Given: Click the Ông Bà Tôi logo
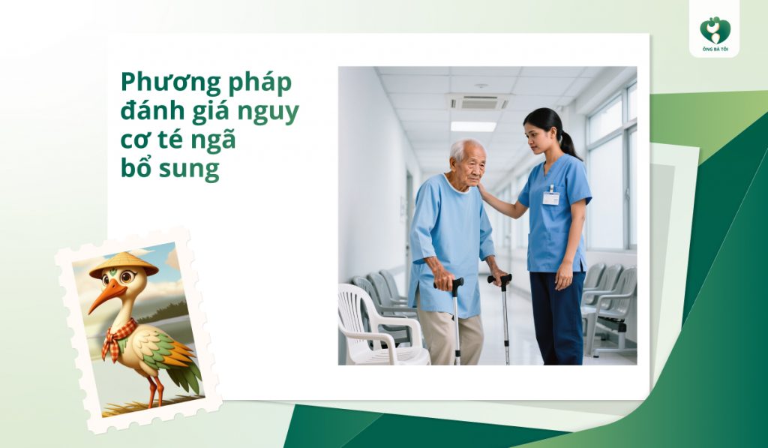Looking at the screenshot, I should coord(715,34).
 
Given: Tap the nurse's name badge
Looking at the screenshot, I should coord(551,197).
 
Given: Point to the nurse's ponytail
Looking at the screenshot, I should coord(568,143).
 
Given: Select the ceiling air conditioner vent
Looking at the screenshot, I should coord(478,102).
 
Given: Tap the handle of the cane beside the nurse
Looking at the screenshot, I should coord(500,281).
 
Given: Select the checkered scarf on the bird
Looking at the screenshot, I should coord(118,337).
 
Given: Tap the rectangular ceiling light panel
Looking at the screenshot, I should coord(472,126).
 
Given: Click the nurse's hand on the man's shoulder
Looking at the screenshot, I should coord(484,194).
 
